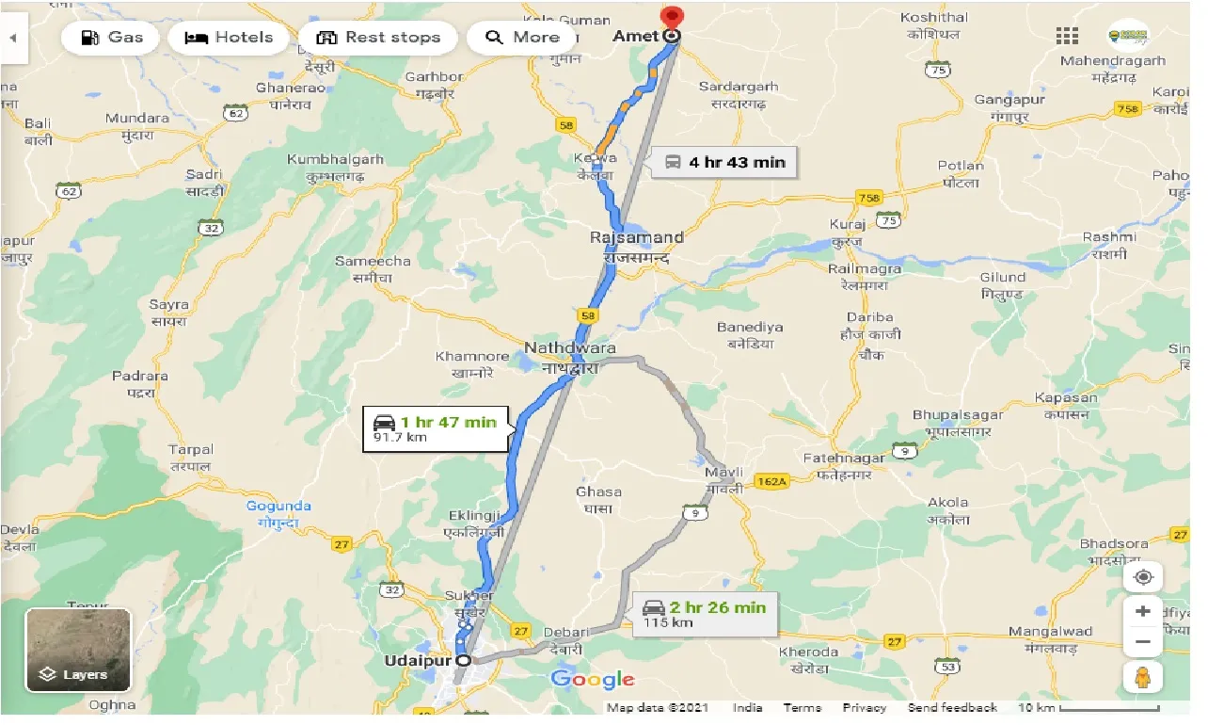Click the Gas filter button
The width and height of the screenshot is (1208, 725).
[x=113, y=38]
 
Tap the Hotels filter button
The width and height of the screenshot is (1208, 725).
[x=229, y=38]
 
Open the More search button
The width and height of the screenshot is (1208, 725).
[x=522, y=38]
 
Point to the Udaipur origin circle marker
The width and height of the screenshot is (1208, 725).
[x=463, y=661]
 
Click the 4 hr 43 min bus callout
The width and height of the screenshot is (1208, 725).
[x=725, y=162]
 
